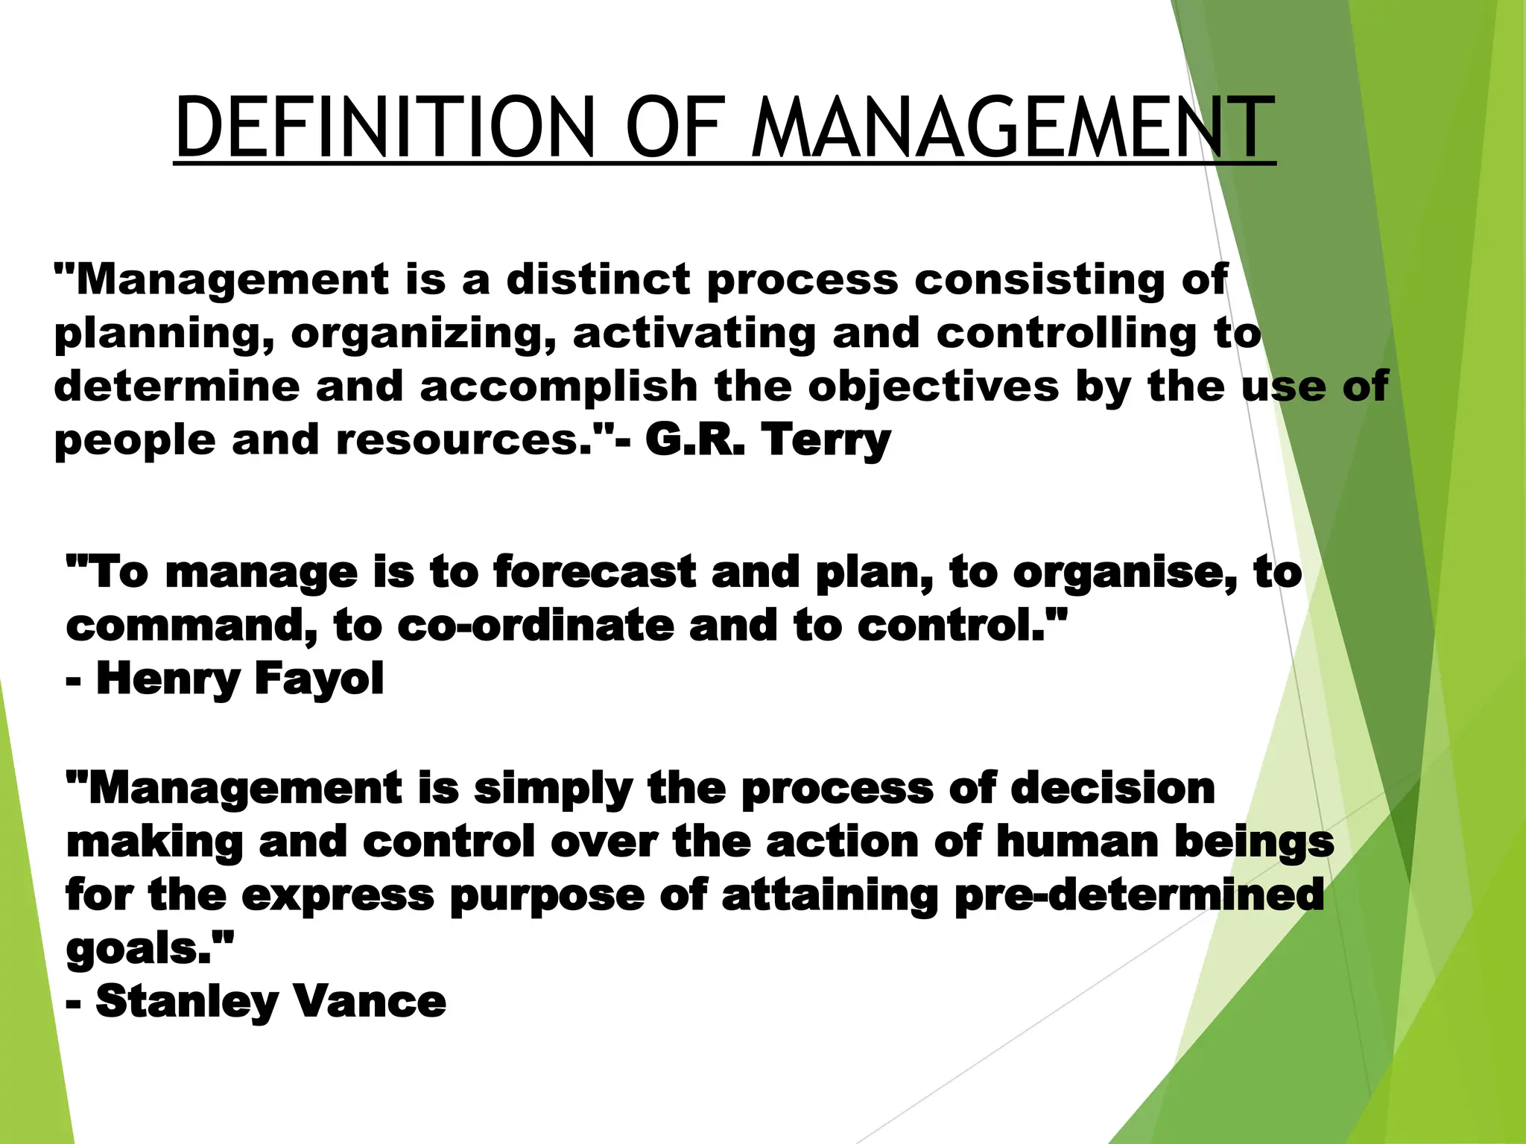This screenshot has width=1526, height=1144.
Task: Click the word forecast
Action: click(594, 572)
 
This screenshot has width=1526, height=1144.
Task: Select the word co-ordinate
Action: click(535, 626)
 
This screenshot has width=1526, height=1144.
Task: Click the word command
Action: click(191, 626)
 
